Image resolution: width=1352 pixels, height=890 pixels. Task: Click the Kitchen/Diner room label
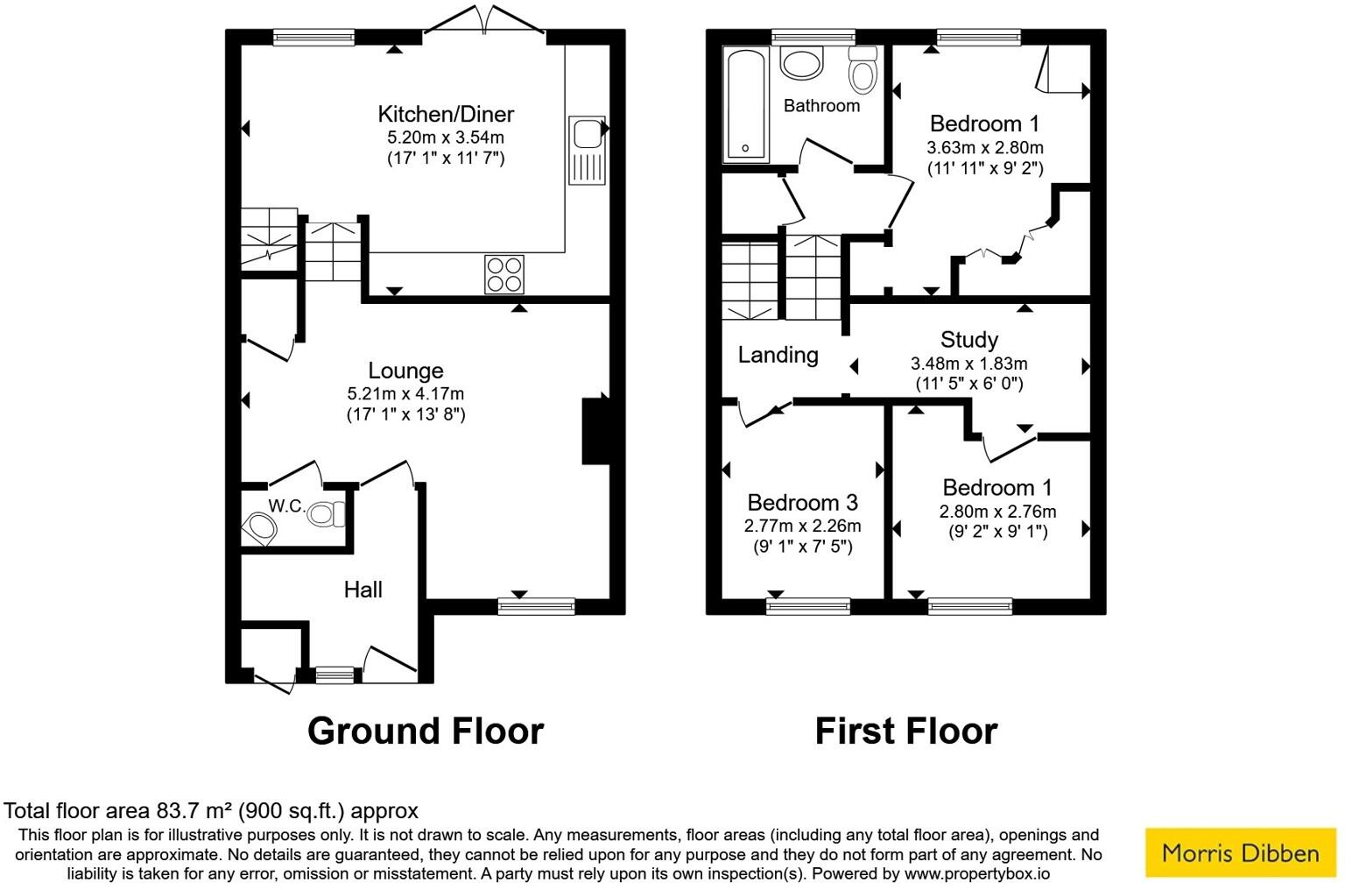(x=446, y=114)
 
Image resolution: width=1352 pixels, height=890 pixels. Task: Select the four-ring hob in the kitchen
(x=503, y=274)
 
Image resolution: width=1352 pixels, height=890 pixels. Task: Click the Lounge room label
(x=405, y=371)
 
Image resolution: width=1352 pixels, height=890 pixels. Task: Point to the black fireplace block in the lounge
(x=595, y=429)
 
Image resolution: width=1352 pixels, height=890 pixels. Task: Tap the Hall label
(x=363, y=590)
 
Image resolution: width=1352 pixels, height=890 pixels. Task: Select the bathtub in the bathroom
(x=745, y=105)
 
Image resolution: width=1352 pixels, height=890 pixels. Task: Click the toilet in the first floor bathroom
(x=863, y=70)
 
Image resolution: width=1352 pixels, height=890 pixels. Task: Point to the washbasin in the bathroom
(x=801, y=63)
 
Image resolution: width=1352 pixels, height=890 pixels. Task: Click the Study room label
(x=968, y=340)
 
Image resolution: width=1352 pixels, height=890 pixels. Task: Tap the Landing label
(x=778, y=355)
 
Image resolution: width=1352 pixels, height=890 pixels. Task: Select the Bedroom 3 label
(x=802, y=503)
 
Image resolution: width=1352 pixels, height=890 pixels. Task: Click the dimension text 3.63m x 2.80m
(x=985, y=148)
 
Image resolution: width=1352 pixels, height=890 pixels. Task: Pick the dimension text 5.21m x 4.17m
(x=405, y=394)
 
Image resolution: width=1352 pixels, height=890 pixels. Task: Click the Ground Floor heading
(x=426, y=731)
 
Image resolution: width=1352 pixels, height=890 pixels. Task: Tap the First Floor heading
(x=905, y=731)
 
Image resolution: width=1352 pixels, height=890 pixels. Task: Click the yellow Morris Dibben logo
(x=1240, y=852)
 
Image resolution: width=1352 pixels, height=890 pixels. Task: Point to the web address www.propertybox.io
(x=977, y=873)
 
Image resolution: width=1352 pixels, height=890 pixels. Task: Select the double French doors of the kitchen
(x=484, y=22)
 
